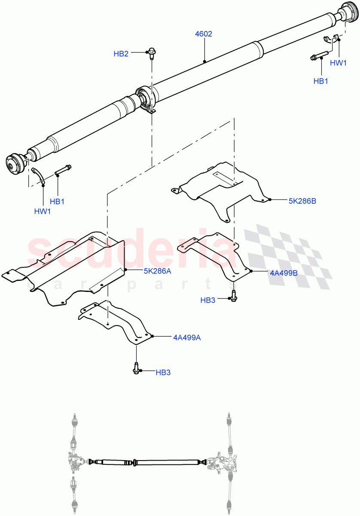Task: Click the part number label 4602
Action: coord(204,34)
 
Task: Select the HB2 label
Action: coord(121,54)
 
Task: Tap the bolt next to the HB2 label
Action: coord(152,53)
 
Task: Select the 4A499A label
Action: coord(187,338)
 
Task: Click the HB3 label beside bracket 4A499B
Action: coord(208,300)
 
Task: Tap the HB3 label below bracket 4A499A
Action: coord(163,372)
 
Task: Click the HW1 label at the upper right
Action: coord(338,63)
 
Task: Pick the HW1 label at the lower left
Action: coord(43,211)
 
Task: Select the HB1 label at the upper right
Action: coord(320,81)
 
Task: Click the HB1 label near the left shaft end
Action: coord(58,201)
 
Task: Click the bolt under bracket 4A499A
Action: coord(136,368)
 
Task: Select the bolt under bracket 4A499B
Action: coord(234,295)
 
